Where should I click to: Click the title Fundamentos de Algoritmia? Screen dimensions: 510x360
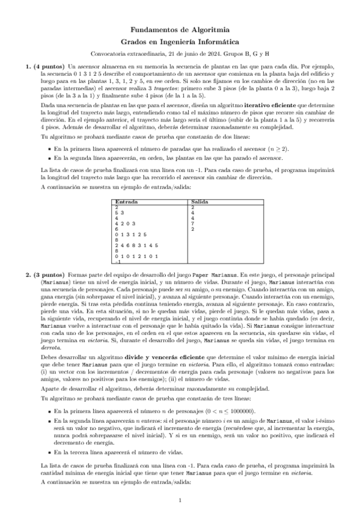tap(180, 29)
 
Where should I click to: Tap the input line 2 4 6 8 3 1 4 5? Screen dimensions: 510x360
tap(136, 245)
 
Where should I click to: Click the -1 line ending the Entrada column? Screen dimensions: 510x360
tap(118, 262)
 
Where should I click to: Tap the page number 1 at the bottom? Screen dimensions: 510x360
tap(180, 500)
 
